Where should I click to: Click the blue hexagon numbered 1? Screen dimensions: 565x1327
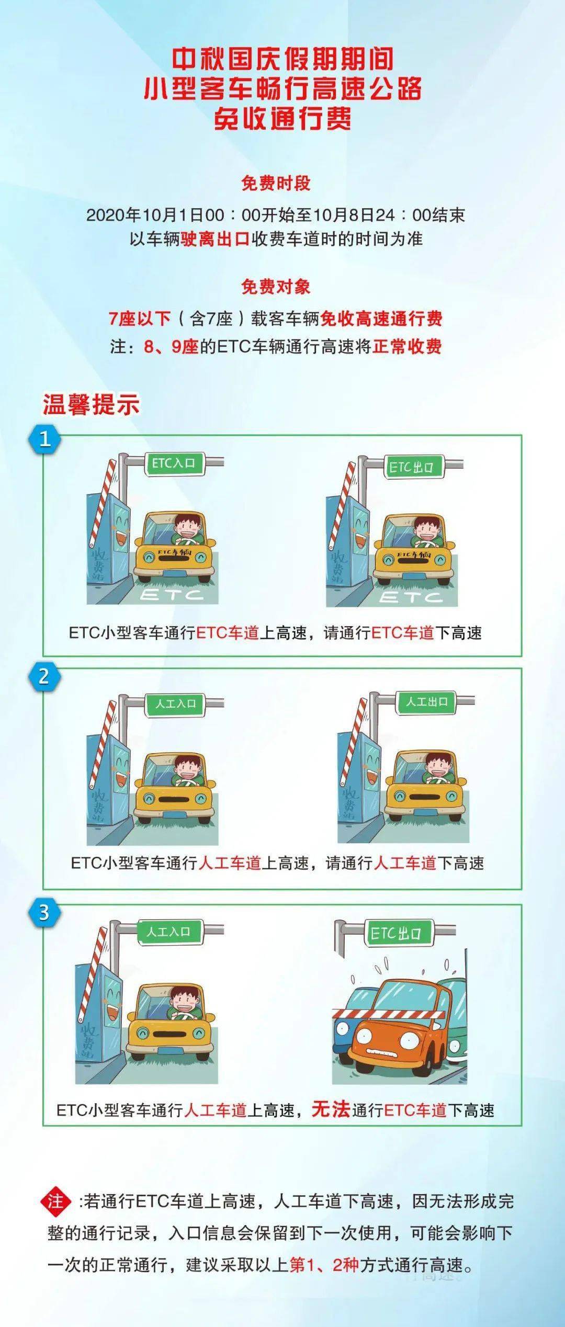(x=44, y=438)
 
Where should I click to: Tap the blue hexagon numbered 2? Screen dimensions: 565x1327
(x=44, y=676)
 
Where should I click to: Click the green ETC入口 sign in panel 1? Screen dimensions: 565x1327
(x=173, y=463)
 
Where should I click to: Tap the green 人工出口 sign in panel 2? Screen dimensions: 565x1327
(x=426, y=701)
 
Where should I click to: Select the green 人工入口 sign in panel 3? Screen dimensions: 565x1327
(x=168, y=932)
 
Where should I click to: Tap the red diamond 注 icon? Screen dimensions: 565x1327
(x=55, y=1201)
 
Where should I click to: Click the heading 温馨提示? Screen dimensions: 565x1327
(x=92, y=405)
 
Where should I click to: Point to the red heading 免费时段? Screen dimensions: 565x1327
(x=276, y=183)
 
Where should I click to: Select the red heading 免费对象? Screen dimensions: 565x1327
(x=276, y=287)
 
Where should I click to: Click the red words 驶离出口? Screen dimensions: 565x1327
(x=215, y=239)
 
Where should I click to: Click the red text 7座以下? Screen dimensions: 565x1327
(x=140, y=319)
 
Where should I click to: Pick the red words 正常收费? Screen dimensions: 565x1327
(x=407, y=346)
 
